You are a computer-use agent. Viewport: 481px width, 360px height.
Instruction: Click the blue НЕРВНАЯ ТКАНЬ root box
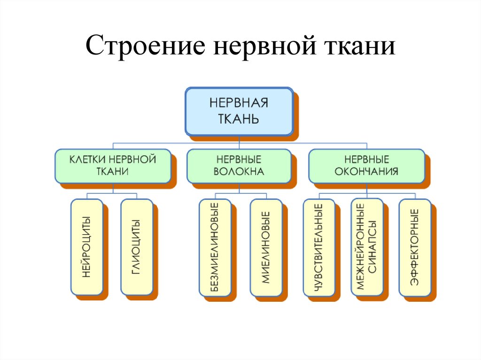click(239, 111)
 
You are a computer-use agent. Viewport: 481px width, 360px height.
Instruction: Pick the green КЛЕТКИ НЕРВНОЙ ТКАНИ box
click(113, 166)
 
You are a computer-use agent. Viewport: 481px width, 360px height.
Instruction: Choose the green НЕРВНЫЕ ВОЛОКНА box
click(239, 166)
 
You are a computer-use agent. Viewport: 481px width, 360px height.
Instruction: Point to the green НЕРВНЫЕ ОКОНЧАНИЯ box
click(366, 166)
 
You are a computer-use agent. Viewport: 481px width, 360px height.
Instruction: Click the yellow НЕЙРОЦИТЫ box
click(86, 247)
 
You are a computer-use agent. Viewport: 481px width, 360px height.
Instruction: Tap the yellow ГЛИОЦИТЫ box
click(136, 247)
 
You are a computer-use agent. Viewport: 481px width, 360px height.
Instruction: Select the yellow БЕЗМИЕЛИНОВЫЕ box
click(215, 247)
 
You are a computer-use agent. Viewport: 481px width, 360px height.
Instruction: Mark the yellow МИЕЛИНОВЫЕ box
click(265, 247)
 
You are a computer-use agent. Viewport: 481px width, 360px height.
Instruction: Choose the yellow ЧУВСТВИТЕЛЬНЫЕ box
click(319, 247)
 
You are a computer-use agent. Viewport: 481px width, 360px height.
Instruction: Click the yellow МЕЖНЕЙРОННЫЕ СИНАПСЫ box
click(367, 247)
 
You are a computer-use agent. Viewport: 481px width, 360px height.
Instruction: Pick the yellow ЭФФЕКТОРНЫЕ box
click(414, 247)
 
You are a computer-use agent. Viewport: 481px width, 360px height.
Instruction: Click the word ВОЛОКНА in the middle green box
click(239, 172)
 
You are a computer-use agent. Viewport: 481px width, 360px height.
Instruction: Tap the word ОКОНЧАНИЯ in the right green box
click(366, 172)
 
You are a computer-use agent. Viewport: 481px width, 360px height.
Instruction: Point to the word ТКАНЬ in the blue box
click(239, 117)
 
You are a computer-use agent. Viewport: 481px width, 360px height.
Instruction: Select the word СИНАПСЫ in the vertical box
click(372, 247)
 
